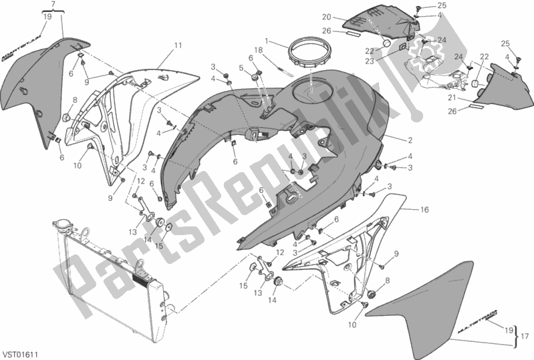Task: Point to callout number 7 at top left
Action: pos(54,5)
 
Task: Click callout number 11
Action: pos(178,45)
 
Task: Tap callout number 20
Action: pos(345,17)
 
